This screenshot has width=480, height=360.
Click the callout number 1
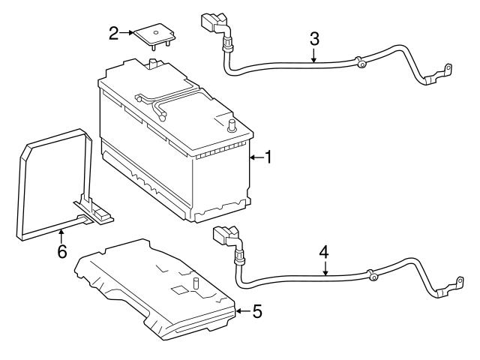point(268,157)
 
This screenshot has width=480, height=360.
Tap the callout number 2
point(113,33)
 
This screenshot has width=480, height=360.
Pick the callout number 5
point(256,310)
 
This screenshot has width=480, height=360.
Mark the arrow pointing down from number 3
point(315,54)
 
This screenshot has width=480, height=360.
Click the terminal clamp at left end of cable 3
point(211,22)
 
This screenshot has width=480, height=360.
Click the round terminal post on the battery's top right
point(232,125)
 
